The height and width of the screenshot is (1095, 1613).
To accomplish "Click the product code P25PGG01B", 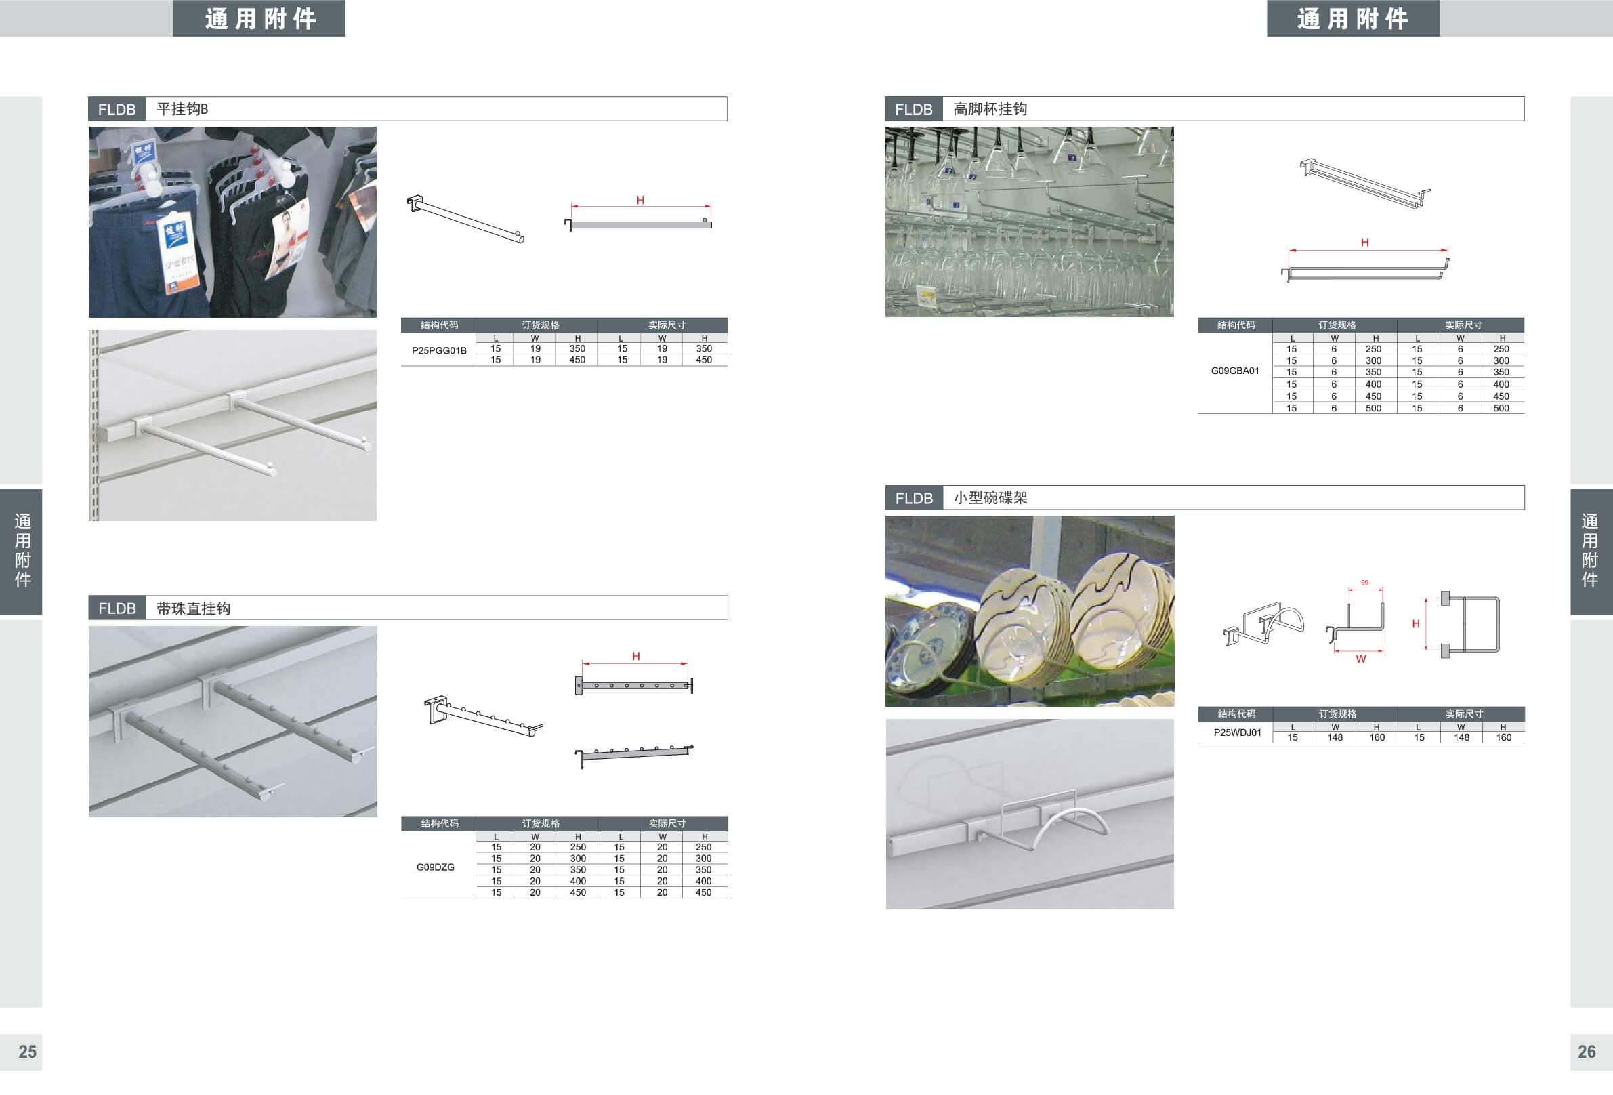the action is pyautogui.click(x=440, y=350).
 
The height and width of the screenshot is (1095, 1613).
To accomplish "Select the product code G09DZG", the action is pyautogui.click(x=436, y=867).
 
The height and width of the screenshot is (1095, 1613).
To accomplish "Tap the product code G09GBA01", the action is pyautogui.click(x=1236, y=371).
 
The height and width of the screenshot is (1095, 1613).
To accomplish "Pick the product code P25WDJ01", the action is pyautogui.click(x=1238, y=732).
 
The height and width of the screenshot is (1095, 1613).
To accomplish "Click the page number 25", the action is pyautogui.click(x=28, y=1051).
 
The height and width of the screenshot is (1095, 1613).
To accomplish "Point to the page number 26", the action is pyautogui.click(x=1587, y=1051).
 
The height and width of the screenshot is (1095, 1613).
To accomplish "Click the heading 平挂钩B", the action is pyautogui.click(x=182, y=109).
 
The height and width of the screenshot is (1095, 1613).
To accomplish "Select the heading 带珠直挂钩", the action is pyautogui.click(x=194, y=608).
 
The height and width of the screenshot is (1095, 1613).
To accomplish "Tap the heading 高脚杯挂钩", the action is pyautogui.click(x=990, y=109).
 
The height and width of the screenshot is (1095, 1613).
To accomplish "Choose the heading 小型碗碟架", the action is pyautogui.click(x=990, y=498).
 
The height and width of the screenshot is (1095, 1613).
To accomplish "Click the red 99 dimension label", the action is pyautogui.click(x=1364, y=583).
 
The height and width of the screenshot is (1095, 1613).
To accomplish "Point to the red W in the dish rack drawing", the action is pyautogui.click(x=1361, y=659).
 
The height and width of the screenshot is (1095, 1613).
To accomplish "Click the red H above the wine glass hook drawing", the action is pyautogui.click(x=1365, y=243).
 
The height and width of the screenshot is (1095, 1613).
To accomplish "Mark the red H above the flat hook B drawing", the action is pyautogui.click(x=641, y=201).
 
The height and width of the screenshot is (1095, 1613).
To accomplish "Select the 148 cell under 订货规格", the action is pyautogui.click(x=1335, y=737).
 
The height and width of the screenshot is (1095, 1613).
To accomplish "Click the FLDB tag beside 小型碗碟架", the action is pyautogui.click(x=914, y=499).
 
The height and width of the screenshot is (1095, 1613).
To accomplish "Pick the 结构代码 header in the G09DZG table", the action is pyautogui.click(x=440, y=823).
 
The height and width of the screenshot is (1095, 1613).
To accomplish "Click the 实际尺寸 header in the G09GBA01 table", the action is pyautogui.click(x=1464, y=325).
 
